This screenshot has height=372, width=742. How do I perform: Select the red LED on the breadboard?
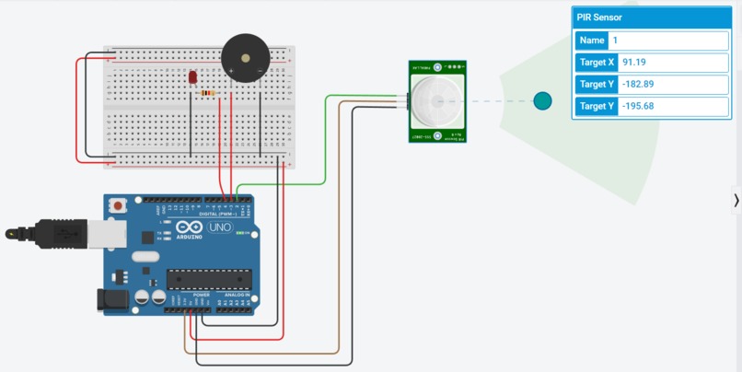(x=193, y=79)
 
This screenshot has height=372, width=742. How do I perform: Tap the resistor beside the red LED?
(x=210, y=93)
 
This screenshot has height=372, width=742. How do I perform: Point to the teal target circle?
(x=542, y=100)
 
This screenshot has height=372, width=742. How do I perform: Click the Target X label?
(x=596, y=63)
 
